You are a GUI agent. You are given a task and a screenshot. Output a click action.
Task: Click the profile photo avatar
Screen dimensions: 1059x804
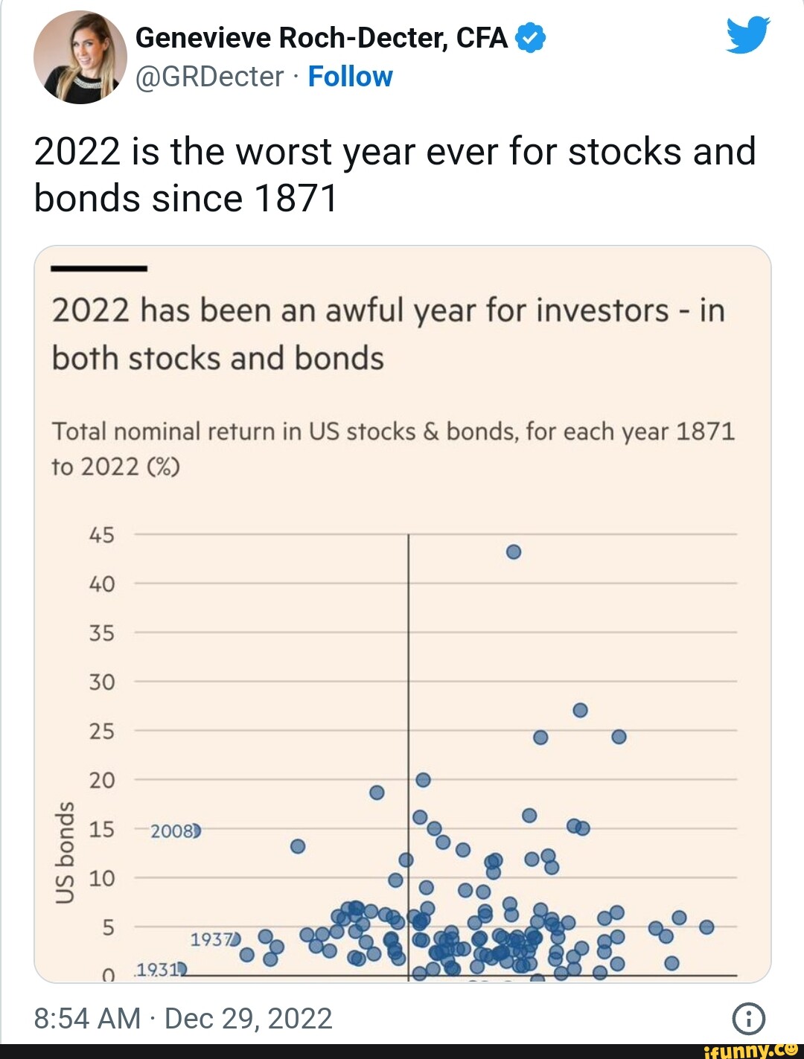point(80,58)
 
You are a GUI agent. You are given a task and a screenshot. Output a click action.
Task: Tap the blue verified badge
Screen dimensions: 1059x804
point(530,38)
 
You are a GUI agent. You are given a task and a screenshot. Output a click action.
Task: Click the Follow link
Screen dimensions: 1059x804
point(350,77)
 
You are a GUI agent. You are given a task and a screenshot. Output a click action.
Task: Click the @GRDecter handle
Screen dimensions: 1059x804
point(210,77)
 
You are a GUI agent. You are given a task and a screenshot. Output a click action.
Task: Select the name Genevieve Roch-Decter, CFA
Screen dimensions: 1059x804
point(322,38)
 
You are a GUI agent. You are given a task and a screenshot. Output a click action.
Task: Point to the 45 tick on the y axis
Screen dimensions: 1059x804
point(102,535)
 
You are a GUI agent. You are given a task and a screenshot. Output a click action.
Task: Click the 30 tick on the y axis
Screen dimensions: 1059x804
point(102,682)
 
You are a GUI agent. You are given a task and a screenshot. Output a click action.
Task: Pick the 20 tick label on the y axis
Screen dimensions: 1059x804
point(102,781)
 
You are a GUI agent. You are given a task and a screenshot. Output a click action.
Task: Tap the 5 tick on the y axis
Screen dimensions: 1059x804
point(108,928)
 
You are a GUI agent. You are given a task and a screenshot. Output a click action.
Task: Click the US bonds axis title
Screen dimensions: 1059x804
point(66,853)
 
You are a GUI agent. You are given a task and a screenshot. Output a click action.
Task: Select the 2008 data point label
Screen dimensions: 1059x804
point(173,831)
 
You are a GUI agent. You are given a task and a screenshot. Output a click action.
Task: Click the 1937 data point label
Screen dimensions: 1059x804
point(212,940)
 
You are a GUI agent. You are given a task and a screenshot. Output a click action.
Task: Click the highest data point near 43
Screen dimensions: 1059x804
point(513,552)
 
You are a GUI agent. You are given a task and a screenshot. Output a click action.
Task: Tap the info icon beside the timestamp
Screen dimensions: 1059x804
point(748,1019)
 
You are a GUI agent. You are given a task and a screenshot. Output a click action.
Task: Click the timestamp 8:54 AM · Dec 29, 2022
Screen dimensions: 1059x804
point(183,1019)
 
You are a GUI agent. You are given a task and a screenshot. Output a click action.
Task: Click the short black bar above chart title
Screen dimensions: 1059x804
point(99,268)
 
